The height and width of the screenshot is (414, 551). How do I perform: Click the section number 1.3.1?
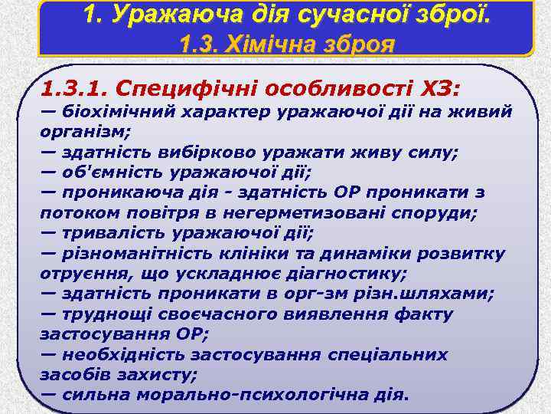click(75, 88)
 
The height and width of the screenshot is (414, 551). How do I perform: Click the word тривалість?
click(112, 232)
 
